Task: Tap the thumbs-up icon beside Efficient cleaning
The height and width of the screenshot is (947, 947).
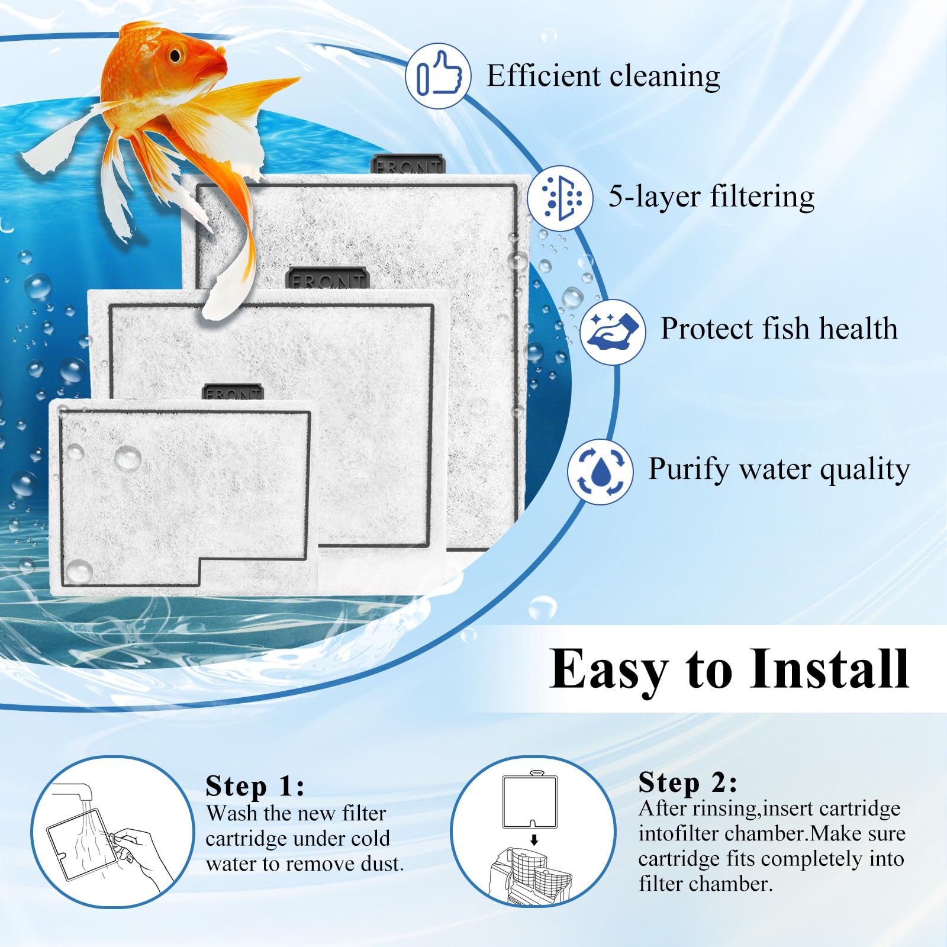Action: point(438,76)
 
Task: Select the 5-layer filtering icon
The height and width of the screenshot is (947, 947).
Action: point(559,198)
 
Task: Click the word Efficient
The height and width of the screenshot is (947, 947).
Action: point(543,76)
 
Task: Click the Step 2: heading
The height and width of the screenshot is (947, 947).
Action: point(688,782)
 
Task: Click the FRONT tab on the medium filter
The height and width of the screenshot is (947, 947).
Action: point(327,278)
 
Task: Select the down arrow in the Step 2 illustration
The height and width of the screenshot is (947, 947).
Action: point(534,839)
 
